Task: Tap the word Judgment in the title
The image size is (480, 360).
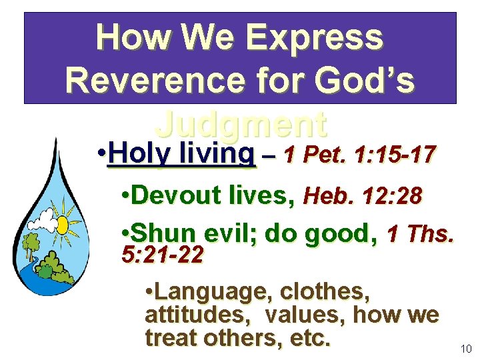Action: pyautogui.click(x=241, y=123)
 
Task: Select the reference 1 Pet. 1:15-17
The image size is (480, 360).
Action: pyautogui.click(x=359, y=155)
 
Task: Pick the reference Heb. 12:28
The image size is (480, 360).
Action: pyautogui.click(x=363, y=197)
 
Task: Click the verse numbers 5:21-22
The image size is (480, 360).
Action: pyautogui.click(x=163, y=255)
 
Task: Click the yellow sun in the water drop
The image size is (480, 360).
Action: pyautogui.click(x=63, y=225)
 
